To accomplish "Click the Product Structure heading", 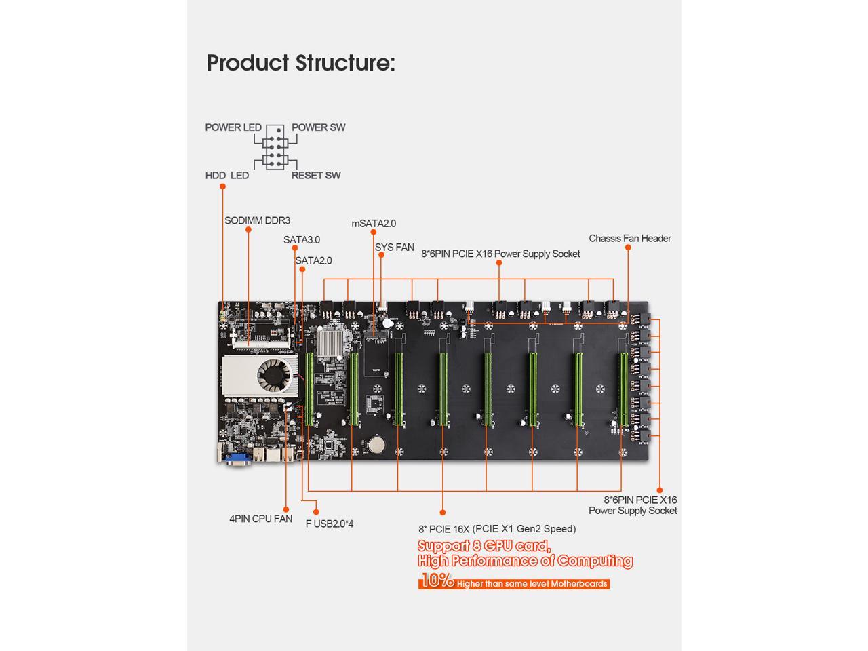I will click(300, 62).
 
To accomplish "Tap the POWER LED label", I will click(233, 127).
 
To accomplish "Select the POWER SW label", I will click(318, 127).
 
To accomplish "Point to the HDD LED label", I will click(227, 175).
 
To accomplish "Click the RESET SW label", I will click(316, 175).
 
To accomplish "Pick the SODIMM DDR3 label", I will click(257, 220).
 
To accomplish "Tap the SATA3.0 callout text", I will click(302, 240).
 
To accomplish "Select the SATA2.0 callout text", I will click(313, 260).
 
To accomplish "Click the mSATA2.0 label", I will click(374, 224).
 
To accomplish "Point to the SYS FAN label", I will click(394, 248).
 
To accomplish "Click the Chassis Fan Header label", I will click(629, 238).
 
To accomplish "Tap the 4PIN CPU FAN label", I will click(260, 519).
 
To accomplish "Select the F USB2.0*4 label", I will click(330, 524).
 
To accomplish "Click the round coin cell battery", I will click(375, 445).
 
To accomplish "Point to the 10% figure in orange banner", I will click(437, 580).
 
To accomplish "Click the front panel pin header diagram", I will click(275, 147).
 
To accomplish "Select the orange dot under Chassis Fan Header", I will click(628, 248).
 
